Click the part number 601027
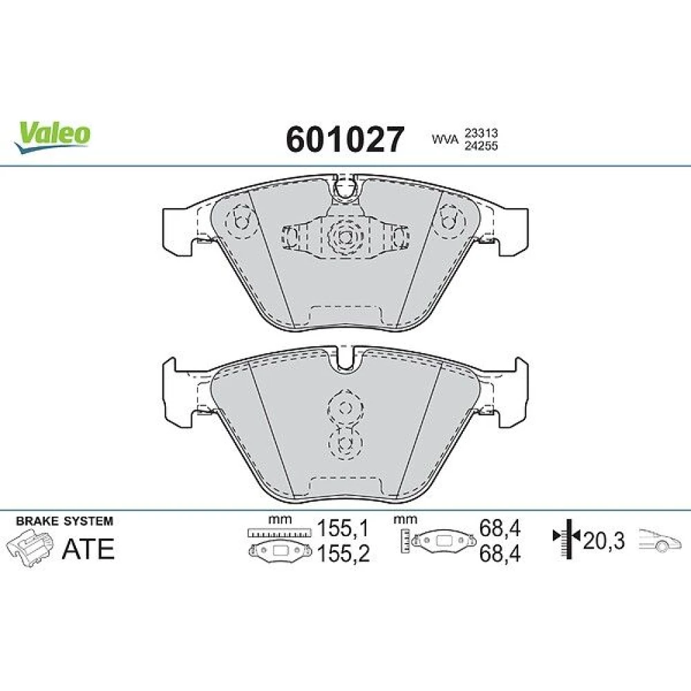tap(345, 140)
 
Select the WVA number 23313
tap(481, 133)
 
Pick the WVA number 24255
tap(481, 146)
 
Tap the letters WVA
tap(444, 140)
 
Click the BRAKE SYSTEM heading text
tap(64, 521)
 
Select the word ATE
tap(88, 549)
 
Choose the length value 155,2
tap(343, 553)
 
